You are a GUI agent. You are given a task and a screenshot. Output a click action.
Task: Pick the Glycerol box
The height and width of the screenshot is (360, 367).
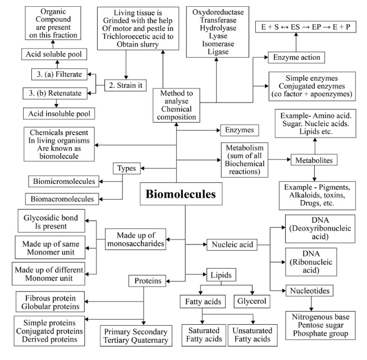click(x=252, y=301)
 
